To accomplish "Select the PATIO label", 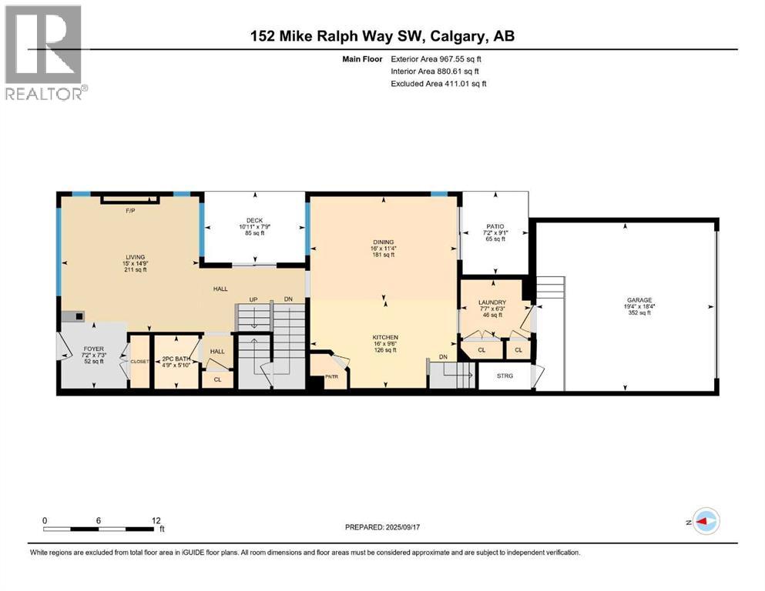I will (494, 225).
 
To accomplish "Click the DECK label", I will (253, 220).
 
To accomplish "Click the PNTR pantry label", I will (330, 377).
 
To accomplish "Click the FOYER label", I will (93, 349).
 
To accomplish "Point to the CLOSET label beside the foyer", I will (139, 361).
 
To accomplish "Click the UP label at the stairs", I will (253, 299).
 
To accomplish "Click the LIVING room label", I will (136, 257).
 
